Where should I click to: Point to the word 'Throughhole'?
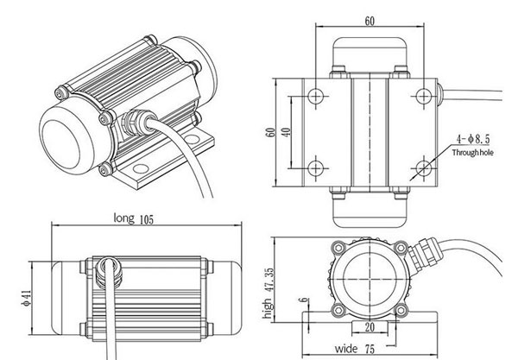click(475, 152)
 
